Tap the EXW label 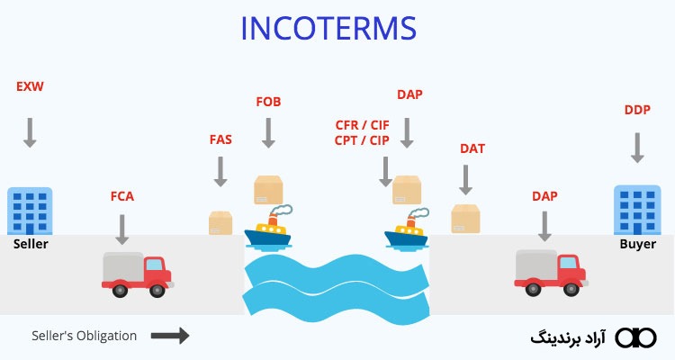click(29, 86)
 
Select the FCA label click(122, 195)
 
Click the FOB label click(268, 102)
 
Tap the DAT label click(472, 148)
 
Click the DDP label click(637, 111)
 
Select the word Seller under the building click(31, 244)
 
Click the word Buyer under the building click(637, 244)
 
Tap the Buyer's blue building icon click(637, 211)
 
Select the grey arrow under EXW click(30, 130)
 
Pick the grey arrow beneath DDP click(637, 146)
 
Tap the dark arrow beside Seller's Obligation click(169, 336)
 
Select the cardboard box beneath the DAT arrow click(464, 219)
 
